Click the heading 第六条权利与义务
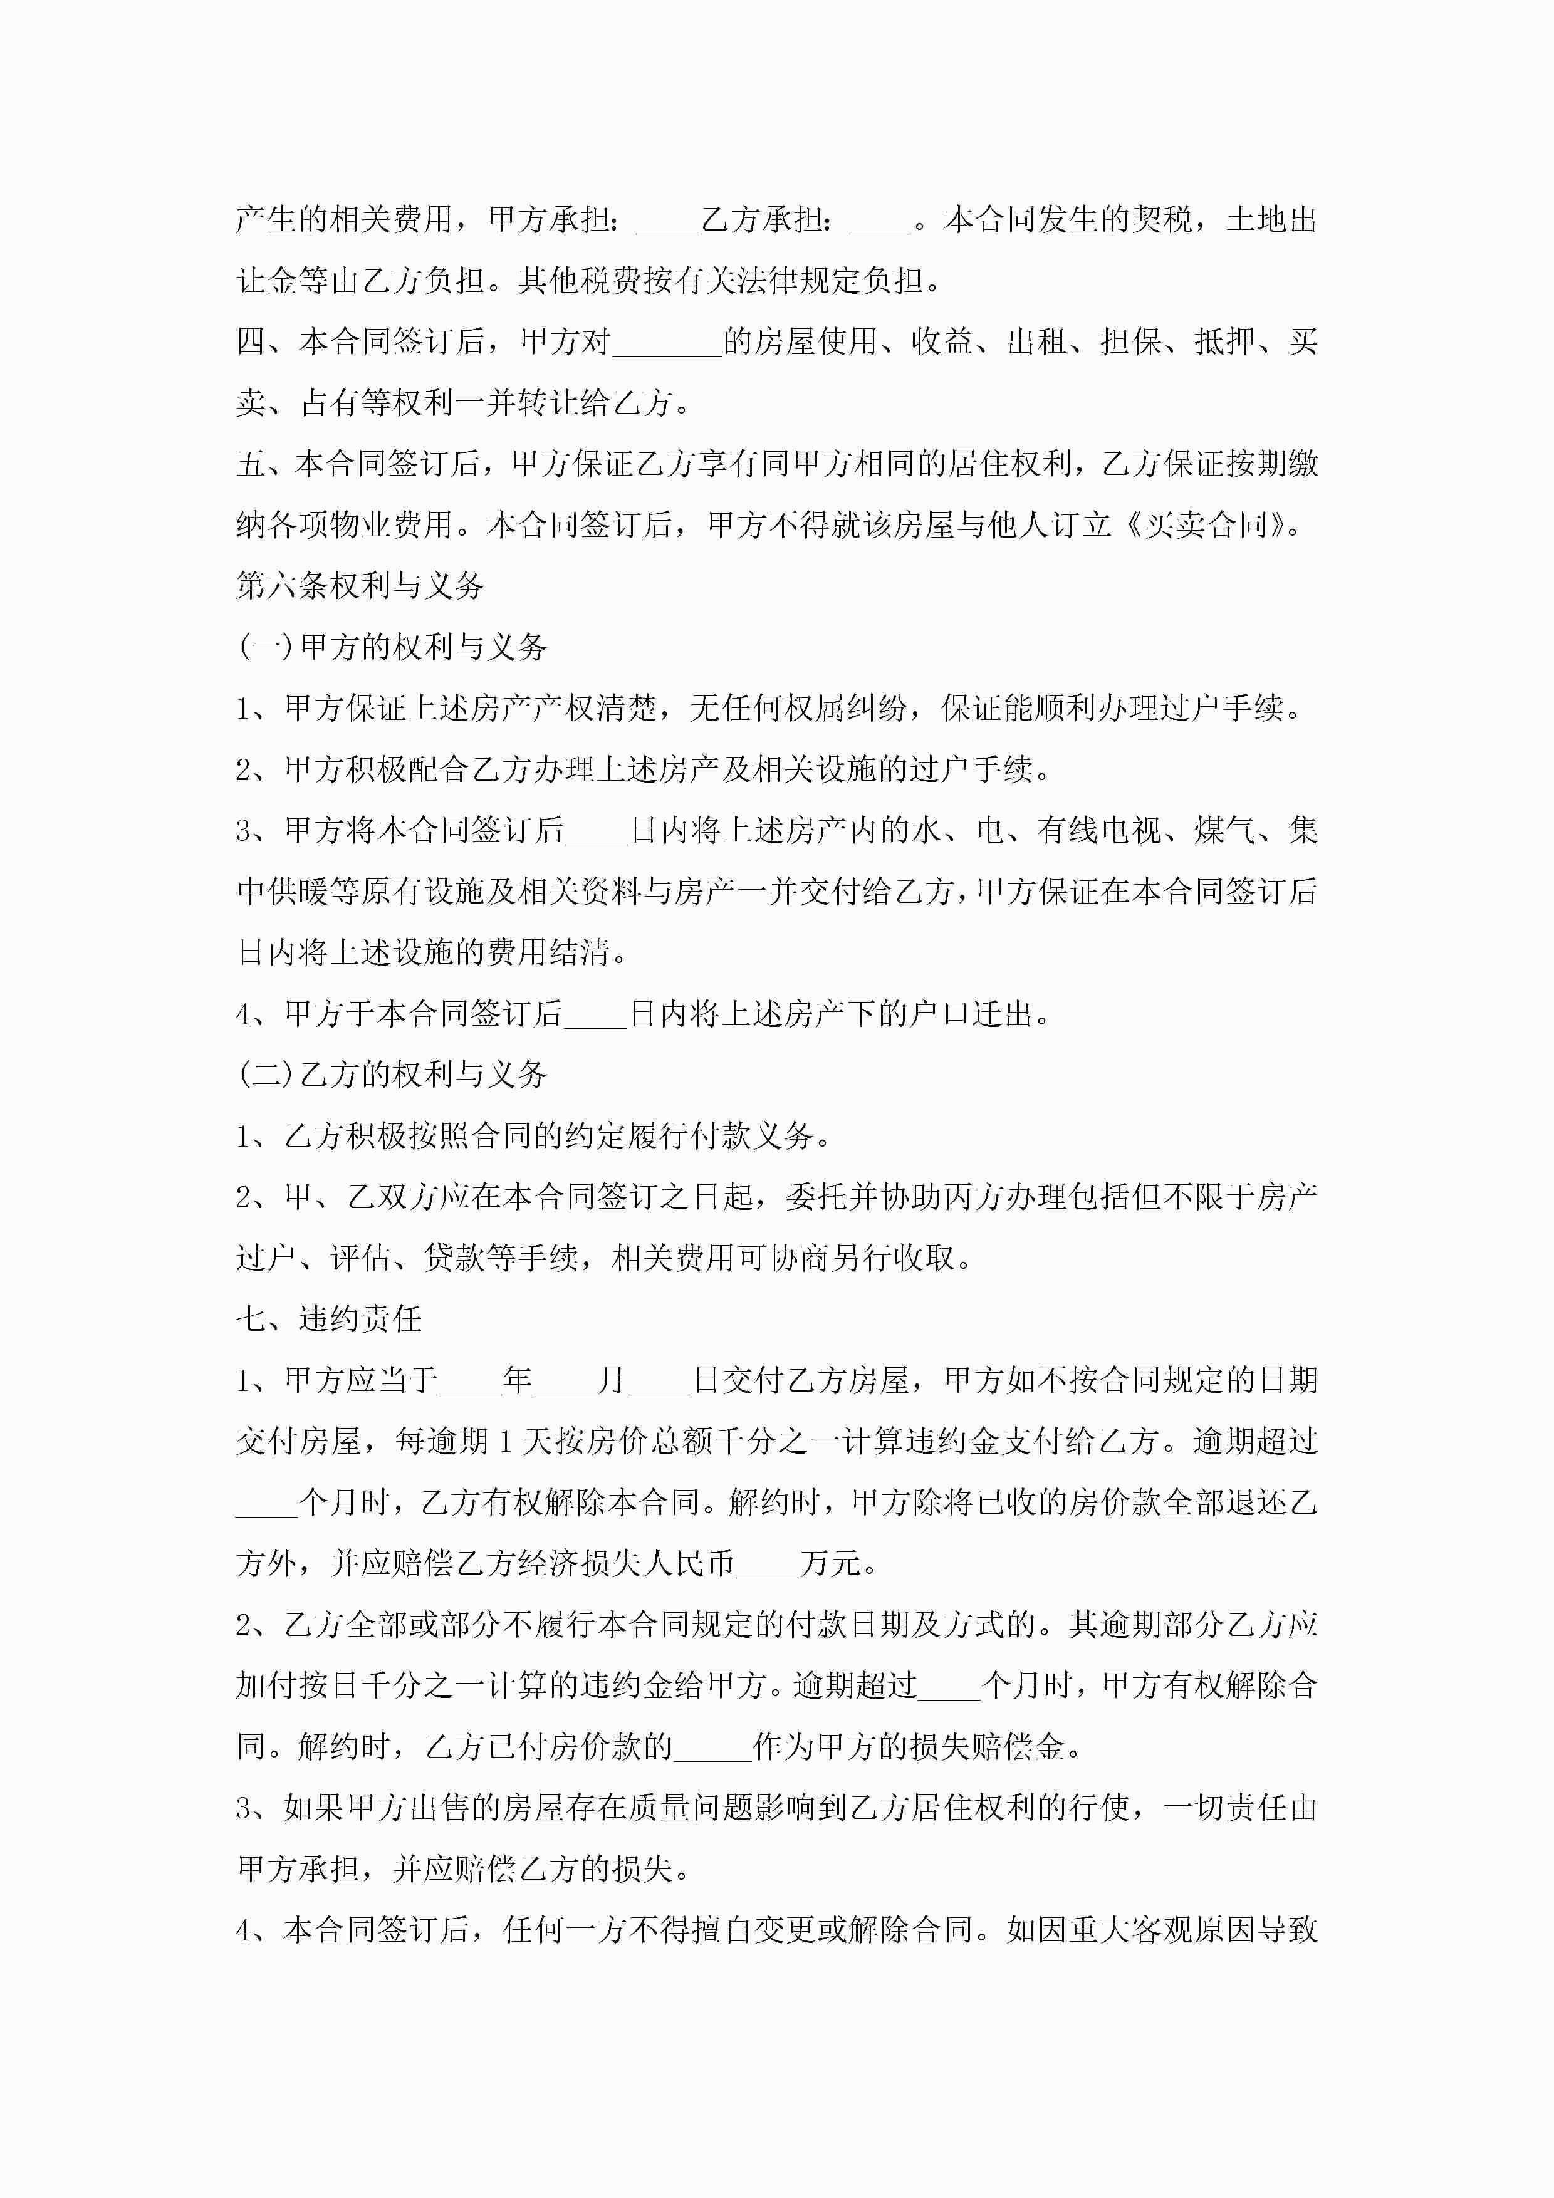tap(360, 586)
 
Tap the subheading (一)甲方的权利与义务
tap(392, 647)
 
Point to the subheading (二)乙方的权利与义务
tap(392, 1075)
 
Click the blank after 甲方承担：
tap(667, 222)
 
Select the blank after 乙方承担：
tap(880, 222)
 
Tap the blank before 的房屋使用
tap(667, 343)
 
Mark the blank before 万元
tap(767, 1565)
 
